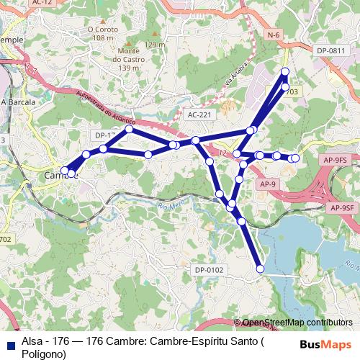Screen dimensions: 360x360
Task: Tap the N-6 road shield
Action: (x=273, y=35)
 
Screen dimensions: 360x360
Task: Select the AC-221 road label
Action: (x=199, y=114)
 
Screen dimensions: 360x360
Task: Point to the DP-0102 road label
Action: (x=209, y=270)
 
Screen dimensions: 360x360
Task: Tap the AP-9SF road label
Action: (x=342, y=207)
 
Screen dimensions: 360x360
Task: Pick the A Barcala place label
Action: (x=18, y=102)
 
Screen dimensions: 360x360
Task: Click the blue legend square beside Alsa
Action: (x=10, y=343)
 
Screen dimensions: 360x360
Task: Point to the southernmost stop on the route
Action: (x=260, y=269)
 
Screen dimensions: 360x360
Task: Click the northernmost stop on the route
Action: (x=285, y=71)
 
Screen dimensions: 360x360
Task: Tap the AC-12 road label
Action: (x=42, y=3)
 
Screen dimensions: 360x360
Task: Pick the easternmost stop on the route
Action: (x=294, y=158)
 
